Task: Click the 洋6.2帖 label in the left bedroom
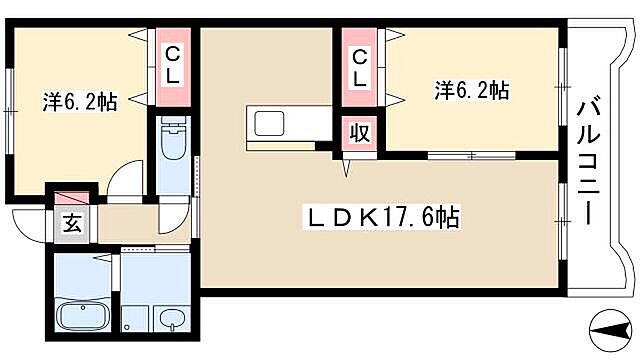[x=79, y=101]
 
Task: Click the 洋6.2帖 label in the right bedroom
[x=472, y=91]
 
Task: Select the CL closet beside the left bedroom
[x=173, y=63]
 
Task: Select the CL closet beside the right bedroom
[x=357, y=66]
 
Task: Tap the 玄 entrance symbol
[x=73, y=224]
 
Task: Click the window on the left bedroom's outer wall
[x=10, y=100]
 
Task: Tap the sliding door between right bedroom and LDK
[x=471, y=156]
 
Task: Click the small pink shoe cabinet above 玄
[x=72, y=199]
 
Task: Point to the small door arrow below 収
[x=346, y=167]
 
